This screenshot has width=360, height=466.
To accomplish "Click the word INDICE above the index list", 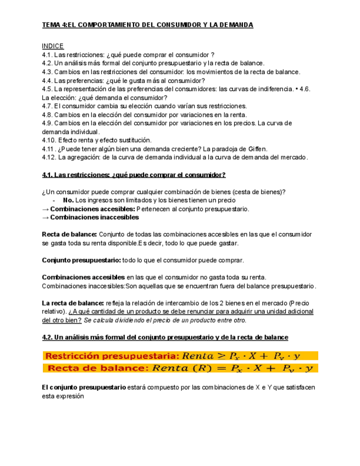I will pyautogui.click(x=53, y=46).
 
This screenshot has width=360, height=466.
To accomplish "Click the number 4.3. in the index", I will pyautogui.click(x=48, y=72).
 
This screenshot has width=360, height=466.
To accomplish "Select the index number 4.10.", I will pyautogui.click(x=49, y=140).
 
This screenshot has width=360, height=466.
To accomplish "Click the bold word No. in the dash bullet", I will pyautogui.click(x=68, y=200).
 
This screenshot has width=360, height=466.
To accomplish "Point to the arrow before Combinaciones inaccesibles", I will pyautogui.click(x=45, y=217).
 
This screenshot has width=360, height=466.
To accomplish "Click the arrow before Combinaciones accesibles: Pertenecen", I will pyautogui.click(x=45, y=209).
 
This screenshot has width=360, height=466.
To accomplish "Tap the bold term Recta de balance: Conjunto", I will pyautogui.click(x=69, y=234).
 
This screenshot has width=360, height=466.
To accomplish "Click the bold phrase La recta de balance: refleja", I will pyautogui.click(x=73, y=303).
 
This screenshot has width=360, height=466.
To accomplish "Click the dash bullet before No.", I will pyautogui.click(x=53, y=200).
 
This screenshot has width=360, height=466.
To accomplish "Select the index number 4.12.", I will pyautogui.click(x=49, y=157).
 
